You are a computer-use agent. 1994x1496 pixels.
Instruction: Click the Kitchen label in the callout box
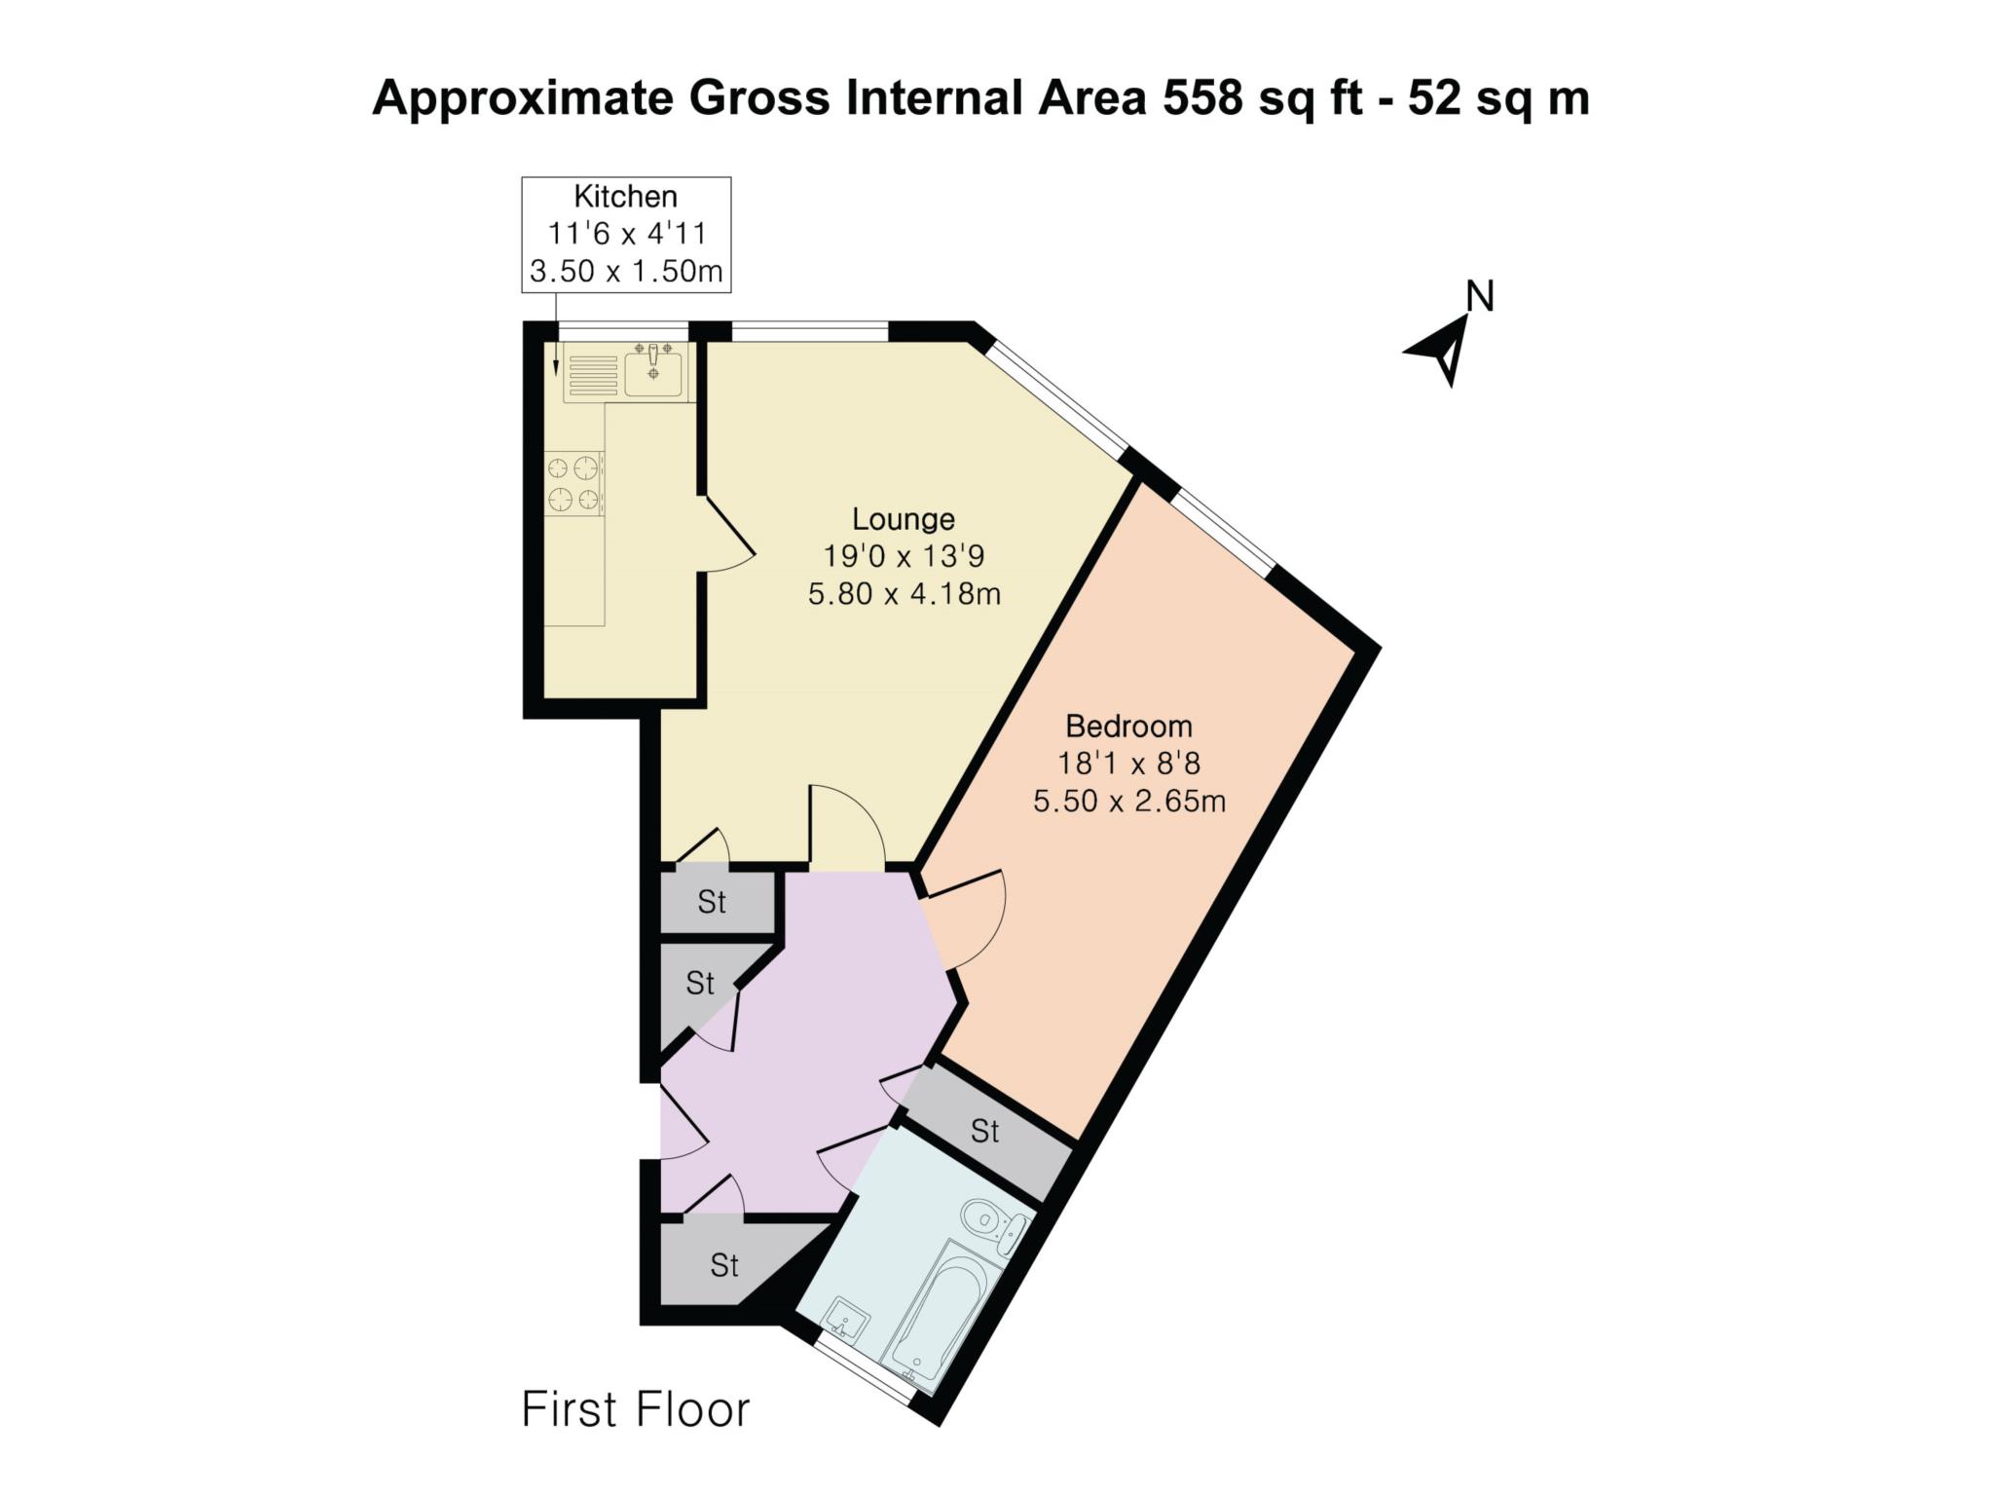coord(625,196)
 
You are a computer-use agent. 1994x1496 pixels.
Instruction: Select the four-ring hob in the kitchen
coord(573,483)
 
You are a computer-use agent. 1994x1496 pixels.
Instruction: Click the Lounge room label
coord(903,518)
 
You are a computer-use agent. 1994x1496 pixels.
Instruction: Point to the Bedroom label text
coord(1128,726)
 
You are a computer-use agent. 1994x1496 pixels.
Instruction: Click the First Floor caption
coord(636,1409)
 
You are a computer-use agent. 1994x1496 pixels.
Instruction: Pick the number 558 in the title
coord(1202,98)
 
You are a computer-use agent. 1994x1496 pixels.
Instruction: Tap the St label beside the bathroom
coord(984,1131)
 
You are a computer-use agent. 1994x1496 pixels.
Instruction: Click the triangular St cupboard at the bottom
coord(723,1265)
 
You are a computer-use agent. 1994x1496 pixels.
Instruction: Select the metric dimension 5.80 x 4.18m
coord(904,593)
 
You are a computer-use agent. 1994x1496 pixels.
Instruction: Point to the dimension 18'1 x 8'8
coord(1128,764)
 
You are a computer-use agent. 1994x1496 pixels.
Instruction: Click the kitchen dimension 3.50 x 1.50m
coord(626,271)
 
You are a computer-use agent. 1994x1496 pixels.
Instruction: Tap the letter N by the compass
coord(1480,296)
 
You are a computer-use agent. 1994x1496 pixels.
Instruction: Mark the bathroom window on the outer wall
coord(865,1371)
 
